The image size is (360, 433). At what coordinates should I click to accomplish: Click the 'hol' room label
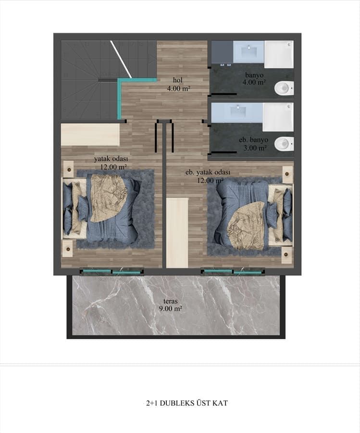pyautogui.click(x=178, y=80)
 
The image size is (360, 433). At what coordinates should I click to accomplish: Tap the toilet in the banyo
pyautogui.click(x=284, y=88)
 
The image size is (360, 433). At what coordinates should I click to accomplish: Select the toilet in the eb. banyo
pyautogui.click(x=284, y=143)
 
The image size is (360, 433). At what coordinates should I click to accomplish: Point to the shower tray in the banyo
pyautogui.click(x=278, y=54)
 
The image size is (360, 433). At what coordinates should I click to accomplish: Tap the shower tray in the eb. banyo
pyautogui.click(x=278, y=116)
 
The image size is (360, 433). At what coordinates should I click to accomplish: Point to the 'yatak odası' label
pyautogui.click(x=111, y=158)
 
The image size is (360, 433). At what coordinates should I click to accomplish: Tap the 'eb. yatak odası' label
pyautogui.click(x=208, y=172)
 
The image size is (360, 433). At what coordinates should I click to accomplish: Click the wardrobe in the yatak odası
pyautogui.click(x=90, y=135)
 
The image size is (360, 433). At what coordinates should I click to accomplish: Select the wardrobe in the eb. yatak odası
pyautogui.click(x=177, y=232)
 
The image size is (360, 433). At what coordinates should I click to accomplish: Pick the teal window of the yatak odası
pyautogui.click(x=112, y=272)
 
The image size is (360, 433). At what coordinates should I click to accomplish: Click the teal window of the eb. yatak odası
pyautogui.click(x=233, y=272)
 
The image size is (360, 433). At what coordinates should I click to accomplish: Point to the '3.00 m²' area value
pyautogui.click(x=255, y=148)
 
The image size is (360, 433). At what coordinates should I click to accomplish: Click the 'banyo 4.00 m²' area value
pyautogui.click(x=255, y=83)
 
